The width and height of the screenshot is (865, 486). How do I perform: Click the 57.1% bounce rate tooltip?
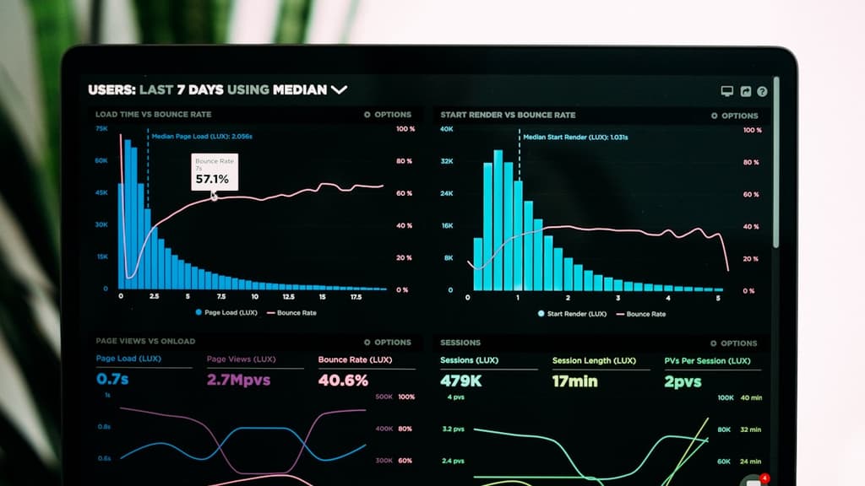click(x=214, y=173)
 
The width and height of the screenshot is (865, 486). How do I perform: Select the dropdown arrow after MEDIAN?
click(x=339, y=89)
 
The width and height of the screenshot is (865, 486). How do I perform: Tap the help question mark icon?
click(x=762, y=91)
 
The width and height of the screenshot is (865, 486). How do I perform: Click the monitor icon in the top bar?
click(x=726, y=91)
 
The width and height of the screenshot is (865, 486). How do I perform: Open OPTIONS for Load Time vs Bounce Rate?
click(x=388, y=115)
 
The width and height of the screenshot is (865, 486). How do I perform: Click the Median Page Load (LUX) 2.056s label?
click(x=201, y=135)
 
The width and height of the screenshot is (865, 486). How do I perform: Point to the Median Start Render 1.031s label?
click(x=574, y=137)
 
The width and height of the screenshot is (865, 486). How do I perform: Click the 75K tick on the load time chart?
click(x=101, y=129)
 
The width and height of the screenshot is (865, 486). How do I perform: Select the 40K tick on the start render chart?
click(x=447, y=129)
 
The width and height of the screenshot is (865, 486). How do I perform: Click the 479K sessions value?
click(x=461, y=381)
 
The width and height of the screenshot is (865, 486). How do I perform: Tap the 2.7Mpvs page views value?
click(x=238, y=380)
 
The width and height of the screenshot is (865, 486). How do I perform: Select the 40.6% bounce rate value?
click(x=343, y=381)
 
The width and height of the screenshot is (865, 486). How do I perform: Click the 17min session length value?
click(x=574, y=381)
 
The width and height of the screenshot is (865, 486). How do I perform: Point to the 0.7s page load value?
click(x=112, y=380)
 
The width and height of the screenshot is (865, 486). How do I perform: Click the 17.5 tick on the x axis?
click(x=356, y=297)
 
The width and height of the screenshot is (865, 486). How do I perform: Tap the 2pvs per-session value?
click(x=683, y=381)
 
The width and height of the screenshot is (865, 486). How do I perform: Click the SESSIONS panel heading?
click(x=460, y=343)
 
